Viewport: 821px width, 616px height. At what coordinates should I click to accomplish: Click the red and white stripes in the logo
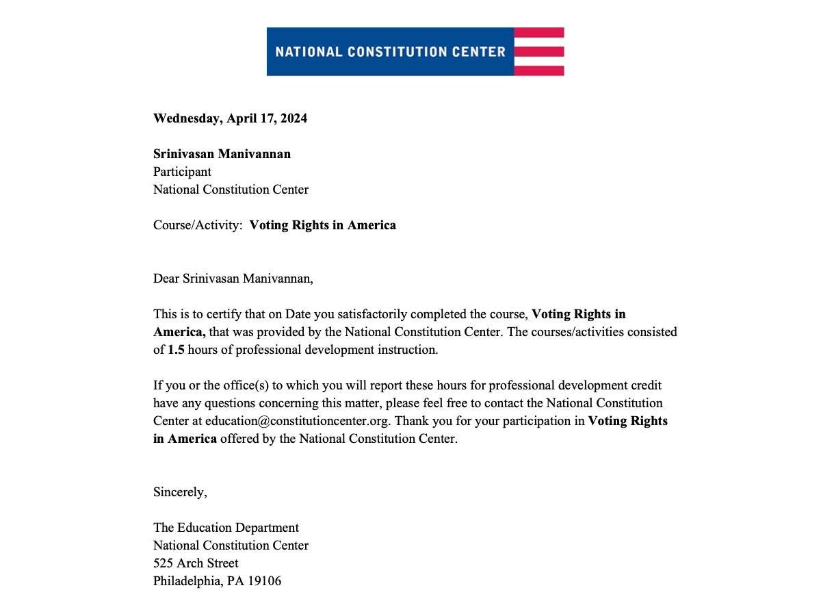pyautogui.click(x=539, y=51)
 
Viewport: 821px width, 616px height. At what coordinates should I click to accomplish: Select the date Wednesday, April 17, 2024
pyautogui.click(x=230, y=118)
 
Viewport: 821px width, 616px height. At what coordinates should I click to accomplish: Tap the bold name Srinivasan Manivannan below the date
pyautogui.click(x=222, y=154)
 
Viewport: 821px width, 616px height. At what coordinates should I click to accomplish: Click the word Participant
pyautogui.click(x=182, y=172)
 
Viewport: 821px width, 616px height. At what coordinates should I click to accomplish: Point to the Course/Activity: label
pyautogui.click(x=198, y=225)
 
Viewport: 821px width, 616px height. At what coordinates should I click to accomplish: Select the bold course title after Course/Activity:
pyautogui.click(x=322, y=225)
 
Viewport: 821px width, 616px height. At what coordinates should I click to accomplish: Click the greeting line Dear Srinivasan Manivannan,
pyautogui.click(x=233, y=279)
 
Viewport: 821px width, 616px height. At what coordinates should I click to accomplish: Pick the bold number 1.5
pyautogui.click(x=176, y=350)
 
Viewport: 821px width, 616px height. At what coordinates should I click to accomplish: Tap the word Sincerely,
pyautogui.click(x=180, y=492)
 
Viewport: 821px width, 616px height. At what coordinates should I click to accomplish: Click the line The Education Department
pyautogui.click(x=226, y=528)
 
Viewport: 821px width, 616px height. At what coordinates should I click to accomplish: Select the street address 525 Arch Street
pyautogui.click(x=196, y=563)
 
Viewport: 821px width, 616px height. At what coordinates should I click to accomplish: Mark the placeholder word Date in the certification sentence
pyautogui.click(x=298, y=314)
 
